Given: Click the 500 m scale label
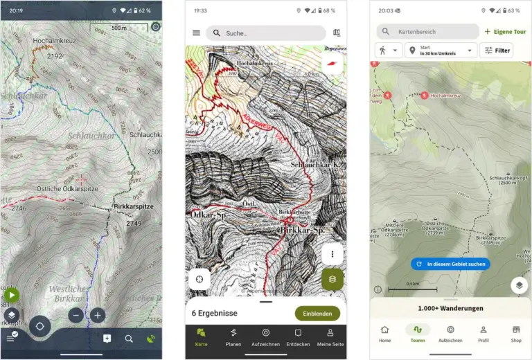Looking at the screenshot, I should [x=119, y=28].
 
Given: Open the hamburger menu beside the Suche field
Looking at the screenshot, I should [x=196, y=33].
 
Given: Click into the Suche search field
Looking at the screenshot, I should [x=267, y=33].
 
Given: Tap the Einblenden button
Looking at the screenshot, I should [x=317, y=313].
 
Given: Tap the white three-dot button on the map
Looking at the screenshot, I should [x=332, y=254].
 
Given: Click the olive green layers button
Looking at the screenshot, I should [x=332, y=279].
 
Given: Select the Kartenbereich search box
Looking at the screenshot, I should [x=427, y=32].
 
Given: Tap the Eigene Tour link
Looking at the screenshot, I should [x=505, y=32].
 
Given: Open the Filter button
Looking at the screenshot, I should [x=496, y=51].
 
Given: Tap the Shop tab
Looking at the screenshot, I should [x=516, y=334].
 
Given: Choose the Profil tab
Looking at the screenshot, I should [x=484, y=334].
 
